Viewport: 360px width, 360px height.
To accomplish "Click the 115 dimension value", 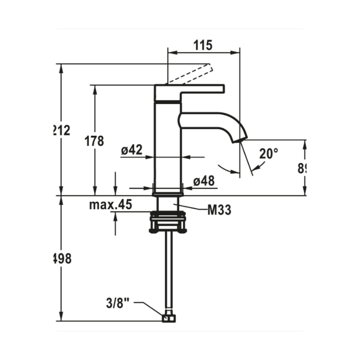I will (x=203, y=45).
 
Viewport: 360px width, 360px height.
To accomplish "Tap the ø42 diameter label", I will (x=132, y=151).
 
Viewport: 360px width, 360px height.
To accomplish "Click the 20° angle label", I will (x=269, y=154).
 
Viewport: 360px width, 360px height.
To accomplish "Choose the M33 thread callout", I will (x=219, y=210).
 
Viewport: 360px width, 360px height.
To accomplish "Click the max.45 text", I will (x=110, y=205).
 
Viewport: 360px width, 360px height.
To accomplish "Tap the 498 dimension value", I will (x=63, y=258).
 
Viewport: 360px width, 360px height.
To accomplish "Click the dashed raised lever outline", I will (x=189, y=74).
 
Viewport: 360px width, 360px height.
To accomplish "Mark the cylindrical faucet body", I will (x=168, y=147).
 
